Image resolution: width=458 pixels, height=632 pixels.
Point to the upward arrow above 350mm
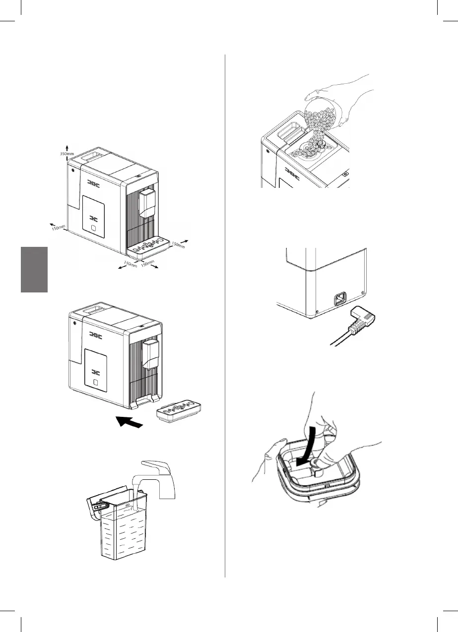[67, 145]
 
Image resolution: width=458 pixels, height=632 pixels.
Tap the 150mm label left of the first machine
[58, 228]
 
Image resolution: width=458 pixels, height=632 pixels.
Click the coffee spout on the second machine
[151, 353]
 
